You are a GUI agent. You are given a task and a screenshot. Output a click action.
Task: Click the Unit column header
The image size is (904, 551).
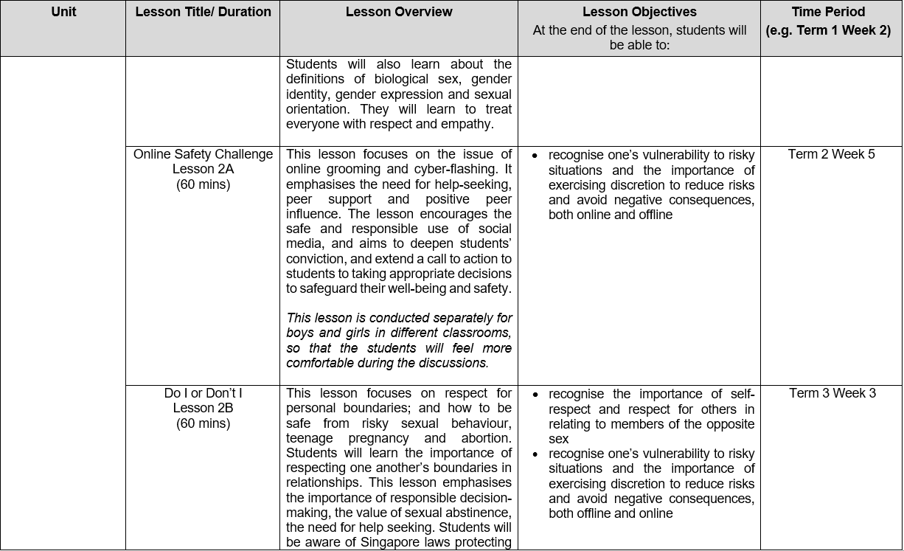pyautogui.click(x=63, y=12)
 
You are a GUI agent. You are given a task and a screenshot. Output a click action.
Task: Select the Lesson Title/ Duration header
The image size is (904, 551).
pyautogui.click(x=203, y=12)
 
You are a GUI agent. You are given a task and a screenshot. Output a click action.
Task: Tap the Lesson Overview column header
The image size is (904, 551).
pyautogui.click(x=399, y=12)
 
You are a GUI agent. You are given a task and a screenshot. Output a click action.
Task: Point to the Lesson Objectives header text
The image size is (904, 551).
pyautogui.click(x=639, y=12)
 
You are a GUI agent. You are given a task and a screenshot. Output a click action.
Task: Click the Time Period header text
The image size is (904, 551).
pyautogui.click(x=828, y=12)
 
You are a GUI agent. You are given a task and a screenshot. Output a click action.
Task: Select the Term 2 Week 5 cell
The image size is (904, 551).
pyautogui.click(x=832, y=155)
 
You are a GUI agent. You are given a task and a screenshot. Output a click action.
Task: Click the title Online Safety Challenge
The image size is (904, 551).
pyautogui.click(x=203, y=155)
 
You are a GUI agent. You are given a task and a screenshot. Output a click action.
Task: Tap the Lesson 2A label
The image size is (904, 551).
pyautogui.click(x=203, y=170)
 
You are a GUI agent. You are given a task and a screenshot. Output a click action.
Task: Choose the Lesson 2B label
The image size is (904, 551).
pyautogui.click(x=203, y=409)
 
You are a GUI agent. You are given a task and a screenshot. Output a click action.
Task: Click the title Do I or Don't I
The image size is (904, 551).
pyautogui.click(x=203, y=394)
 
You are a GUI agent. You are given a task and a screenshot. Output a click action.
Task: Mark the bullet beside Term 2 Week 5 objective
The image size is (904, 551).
pyautogui.click(x=534, y=156)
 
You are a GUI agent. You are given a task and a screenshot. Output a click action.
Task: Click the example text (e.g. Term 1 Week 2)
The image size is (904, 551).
pyautogui.click(x=828, y=31)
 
